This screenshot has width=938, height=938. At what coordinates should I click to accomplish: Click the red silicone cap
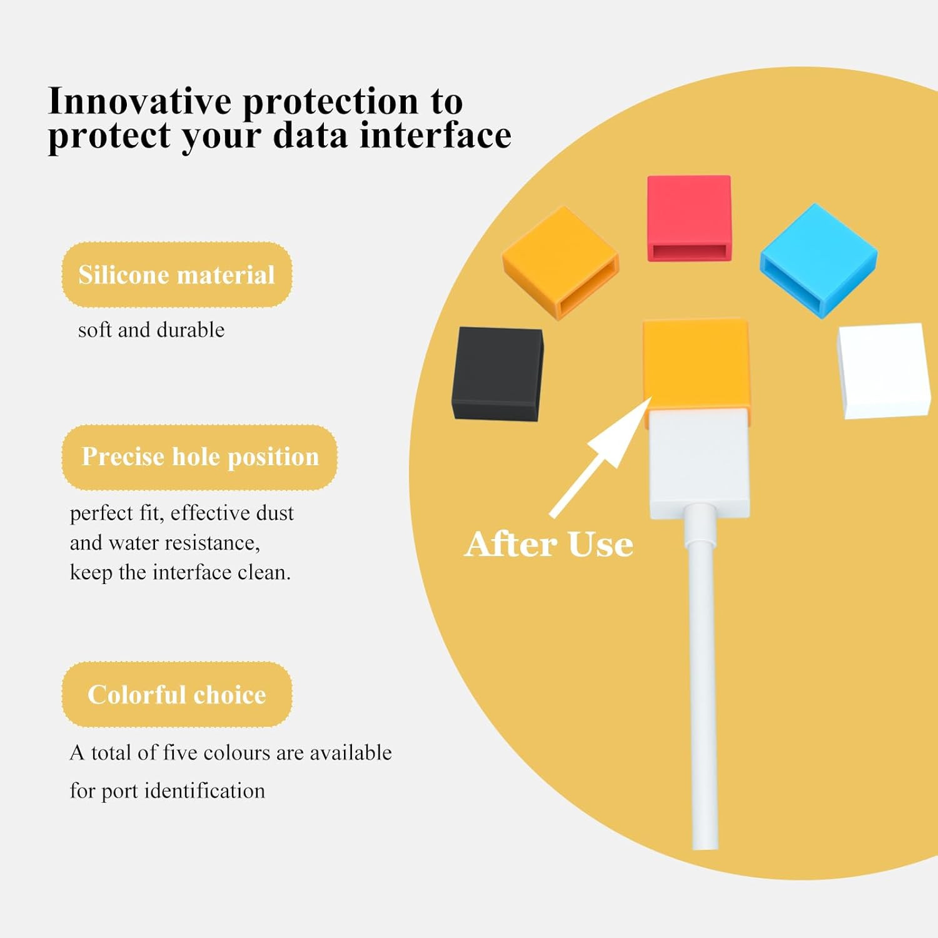[688, 218]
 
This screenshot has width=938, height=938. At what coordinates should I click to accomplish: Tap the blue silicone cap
[819, 260]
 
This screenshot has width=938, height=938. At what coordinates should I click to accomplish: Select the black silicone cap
[497, 374]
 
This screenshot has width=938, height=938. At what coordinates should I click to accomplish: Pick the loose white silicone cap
[884, 370]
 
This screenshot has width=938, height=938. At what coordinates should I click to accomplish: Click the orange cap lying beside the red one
[560, 263]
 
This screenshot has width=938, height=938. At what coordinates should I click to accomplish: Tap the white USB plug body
[699, 463]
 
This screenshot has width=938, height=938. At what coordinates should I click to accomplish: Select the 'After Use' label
[549, 544]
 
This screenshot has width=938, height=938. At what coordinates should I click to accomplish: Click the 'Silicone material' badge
[177, 275]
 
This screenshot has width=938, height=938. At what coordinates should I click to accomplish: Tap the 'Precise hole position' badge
[199, 457]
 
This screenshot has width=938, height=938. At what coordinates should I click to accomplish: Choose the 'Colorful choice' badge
[177, 695]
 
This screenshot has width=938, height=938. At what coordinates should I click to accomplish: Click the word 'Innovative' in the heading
[139, 101]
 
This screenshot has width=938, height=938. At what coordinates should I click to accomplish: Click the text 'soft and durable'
[151, 330]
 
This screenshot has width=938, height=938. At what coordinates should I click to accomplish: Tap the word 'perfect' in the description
[101, 513]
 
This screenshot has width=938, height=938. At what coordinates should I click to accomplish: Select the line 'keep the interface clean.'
[180, 572]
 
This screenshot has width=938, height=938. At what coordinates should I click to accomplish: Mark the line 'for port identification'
[167, 791]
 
